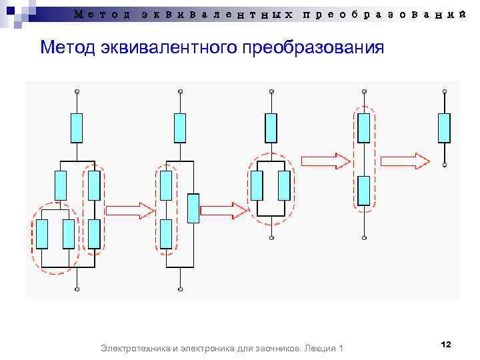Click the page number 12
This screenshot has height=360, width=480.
(446, 344)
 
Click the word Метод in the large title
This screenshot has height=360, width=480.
(68, 48)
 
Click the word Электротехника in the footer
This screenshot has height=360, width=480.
(131, 349)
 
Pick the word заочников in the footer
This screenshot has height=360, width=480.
(277, 349)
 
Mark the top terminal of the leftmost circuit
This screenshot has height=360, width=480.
(77, 91)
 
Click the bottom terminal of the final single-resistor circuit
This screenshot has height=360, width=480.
(444, 164)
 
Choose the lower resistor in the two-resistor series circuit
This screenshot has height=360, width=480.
(363, 191)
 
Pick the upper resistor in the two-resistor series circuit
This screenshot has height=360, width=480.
(363, 127)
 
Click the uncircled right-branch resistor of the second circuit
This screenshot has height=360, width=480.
(193, 208)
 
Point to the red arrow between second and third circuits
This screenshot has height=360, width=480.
(223, 211)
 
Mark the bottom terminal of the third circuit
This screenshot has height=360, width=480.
(270, 237)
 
